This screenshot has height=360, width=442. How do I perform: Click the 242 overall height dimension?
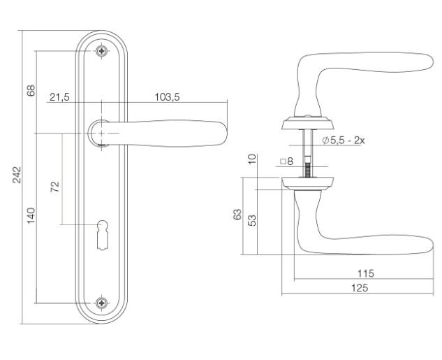click(x=17, y=175)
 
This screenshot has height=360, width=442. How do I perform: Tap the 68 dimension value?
click(x=31, y=90)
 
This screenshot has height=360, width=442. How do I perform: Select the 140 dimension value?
click(x=31, y=215)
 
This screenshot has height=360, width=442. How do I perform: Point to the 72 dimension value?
click(x=55, y=187)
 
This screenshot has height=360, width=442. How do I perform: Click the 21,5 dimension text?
click(x=59, y=97)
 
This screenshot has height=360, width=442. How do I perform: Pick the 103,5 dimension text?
click(x=167, y=97)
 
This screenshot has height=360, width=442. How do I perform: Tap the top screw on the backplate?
click(x=101, y=51)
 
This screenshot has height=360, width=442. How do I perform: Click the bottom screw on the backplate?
click(x=101, y=303)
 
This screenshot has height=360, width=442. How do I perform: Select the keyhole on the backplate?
click(x=102, y=235)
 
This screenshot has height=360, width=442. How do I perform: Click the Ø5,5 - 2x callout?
click(x=344, y=141)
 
